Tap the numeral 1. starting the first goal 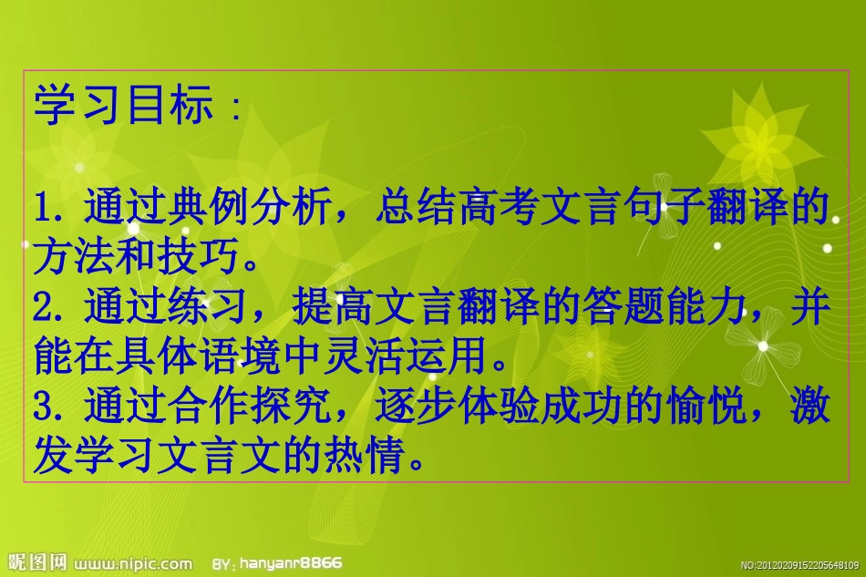tap(47, 210)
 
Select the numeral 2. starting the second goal tap(47, 309)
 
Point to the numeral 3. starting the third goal tap(47, 407)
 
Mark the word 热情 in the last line tap(374, 457)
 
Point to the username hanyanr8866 tap(290, 563)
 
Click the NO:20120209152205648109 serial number tap(799, 565)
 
